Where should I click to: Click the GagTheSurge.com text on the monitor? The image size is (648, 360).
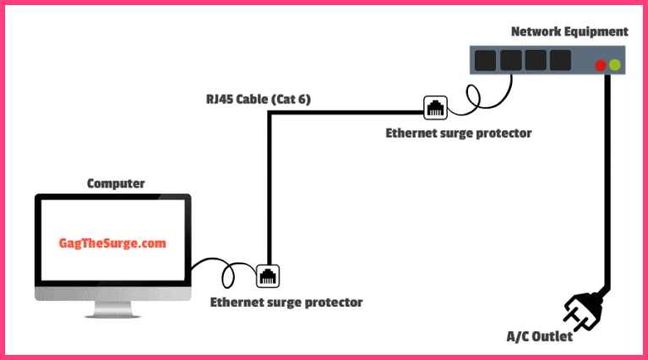(112, 243)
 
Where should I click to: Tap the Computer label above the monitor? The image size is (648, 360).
(116, 183)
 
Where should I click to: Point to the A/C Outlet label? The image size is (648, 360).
(539, 336)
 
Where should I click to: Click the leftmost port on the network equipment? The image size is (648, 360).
(485, 60)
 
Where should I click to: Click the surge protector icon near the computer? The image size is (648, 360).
(267, 275)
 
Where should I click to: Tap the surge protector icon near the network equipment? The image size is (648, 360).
(435, 107)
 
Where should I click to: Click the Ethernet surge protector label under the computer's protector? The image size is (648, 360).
(286, 302)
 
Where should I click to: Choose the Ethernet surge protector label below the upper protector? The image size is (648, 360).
(459, 133)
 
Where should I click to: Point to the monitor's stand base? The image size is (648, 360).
(112, 312)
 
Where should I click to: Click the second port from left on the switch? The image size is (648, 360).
(510, 60)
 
